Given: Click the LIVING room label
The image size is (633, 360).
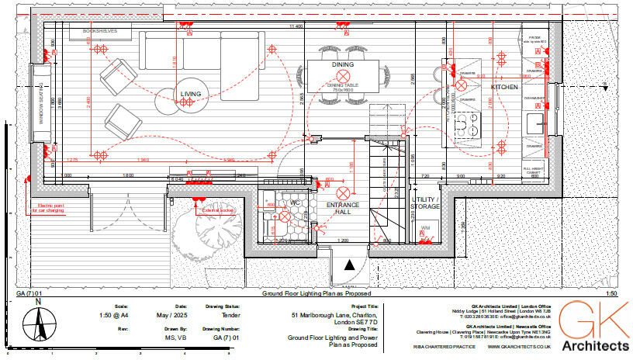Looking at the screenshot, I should [191, 94].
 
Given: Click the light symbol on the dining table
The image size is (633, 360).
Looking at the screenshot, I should [341, 75].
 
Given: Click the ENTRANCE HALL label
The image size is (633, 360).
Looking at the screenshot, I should [342, 209].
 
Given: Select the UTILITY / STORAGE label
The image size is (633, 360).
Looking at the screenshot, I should [424, 204].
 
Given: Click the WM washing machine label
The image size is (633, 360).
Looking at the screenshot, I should [424, 227].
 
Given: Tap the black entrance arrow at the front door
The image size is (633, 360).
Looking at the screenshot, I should [351, 265].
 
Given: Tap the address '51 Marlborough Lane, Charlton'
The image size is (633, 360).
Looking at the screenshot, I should [335, 316].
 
